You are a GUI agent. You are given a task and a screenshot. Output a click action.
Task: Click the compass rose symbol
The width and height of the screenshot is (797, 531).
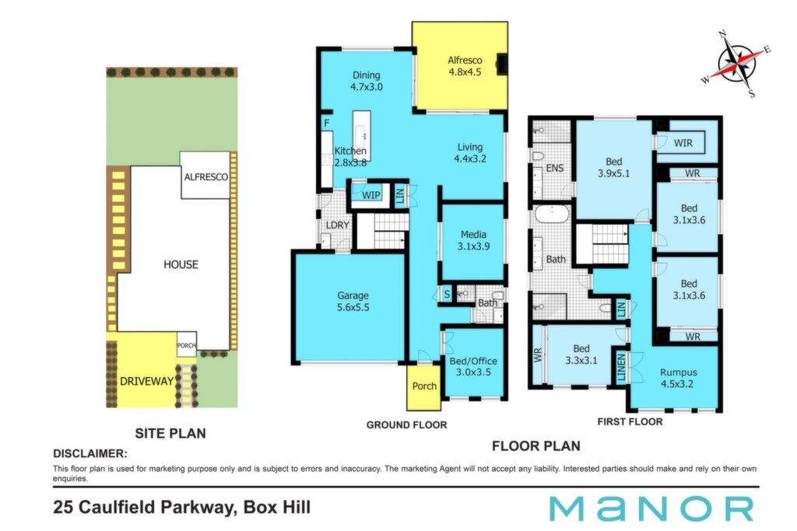pyautogui.click(x=737, y=64)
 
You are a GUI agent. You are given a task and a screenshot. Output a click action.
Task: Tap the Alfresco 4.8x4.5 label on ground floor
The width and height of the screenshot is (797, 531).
pyautogui.click(x=465, y=66)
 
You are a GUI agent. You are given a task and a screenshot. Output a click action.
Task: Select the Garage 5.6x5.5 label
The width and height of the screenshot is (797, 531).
pyautogui.click(x=353, y=301)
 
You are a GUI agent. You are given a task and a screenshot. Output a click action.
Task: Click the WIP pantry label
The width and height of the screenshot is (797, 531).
pyautogui.click(x=371, y=195)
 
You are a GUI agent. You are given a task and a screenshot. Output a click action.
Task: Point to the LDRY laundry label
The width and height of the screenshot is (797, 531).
pyautogui.click(x=337, y=225)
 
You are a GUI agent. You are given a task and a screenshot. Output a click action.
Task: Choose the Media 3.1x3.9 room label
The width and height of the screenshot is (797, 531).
pyautogui.click(x=473, y=240)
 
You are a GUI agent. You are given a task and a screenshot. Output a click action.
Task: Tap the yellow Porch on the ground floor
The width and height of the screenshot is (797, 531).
pyautogui.click(x=424, y=388)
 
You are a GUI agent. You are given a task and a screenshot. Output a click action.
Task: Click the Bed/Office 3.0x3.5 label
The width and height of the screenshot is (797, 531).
pyautogui.click(x=473, y=366)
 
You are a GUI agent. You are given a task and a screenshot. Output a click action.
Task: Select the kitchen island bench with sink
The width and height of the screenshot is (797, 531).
pyautogui.click(x=361, y=136)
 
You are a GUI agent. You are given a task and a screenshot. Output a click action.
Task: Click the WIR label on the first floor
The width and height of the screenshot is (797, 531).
pyautogui.click(x=683, y=143)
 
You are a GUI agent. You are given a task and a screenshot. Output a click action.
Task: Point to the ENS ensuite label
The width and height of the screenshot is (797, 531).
pyautogui.click(x=554, y=168)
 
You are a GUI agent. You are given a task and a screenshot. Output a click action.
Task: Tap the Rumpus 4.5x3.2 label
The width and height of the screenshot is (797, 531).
pyautogui.click(x=678, y=378)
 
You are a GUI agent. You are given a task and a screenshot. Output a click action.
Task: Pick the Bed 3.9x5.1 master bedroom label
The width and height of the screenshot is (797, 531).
pyautogui.click(x=613, y=167)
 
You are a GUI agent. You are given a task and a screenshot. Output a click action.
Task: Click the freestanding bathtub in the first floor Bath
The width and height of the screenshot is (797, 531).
pyautogui.click(x=552, y=215)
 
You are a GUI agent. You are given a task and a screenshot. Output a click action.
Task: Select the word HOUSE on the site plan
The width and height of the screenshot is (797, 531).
pyautogui.click(x=181, y=264)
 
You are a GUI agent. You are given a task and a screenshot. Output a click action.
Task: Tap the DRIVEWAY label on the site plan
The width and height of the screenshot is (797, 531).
pyautogui.click(x=146, y=381)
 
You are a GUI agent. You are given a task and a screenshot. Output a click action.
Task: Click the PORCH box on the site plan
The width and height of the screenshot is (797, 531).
pyautogui.click(x=187, y=344)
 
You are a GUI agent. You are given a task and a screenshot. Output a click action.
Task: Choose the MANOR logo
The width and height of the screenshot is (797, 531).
pyautogui.click(x=651, y=508)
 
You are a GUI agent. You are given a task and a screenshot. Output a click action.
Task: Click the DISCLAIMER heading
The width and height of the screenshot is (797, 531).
pyautogui.click(x=90, y=453)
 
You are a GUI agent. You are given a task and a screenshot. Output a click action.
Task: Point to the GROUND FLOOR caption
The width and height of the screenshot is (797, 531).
pyautogui.click(x=406, y=425)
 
